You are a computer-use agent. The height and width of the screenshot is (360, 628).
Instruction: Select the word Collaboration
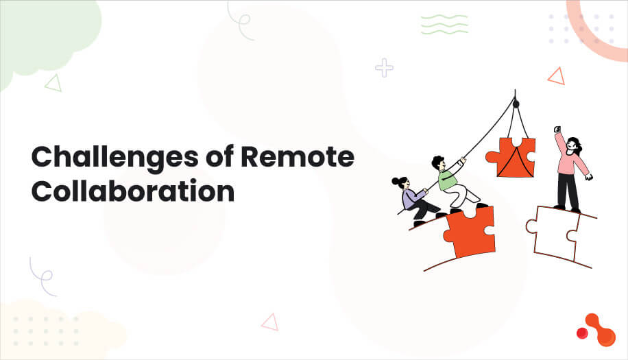(x=133, y=191)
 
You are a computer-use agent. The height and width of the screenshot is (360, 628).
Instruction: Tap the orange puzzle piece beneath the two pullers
(x=469, y=230)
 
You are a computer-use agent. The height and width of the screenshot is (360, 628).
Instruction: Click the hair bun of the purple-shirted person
(x=396, y=181)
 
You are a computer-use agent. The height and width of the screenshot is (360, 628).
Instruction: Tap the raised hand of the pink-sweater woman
(x=557, y=130)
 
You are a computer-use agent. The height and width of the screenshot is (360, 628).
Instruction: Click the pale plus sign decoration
(x=385, y=67)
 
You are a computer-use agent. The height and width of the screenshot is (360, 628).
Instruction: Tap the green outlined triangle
(x=53, y=83)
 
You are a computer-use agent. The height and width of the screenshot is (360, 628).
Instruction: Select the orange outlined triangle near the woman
(x=556, y=76)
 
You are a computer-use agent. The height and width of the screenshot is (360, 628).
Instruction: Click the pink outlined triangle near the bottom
(x=270, y=322)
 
